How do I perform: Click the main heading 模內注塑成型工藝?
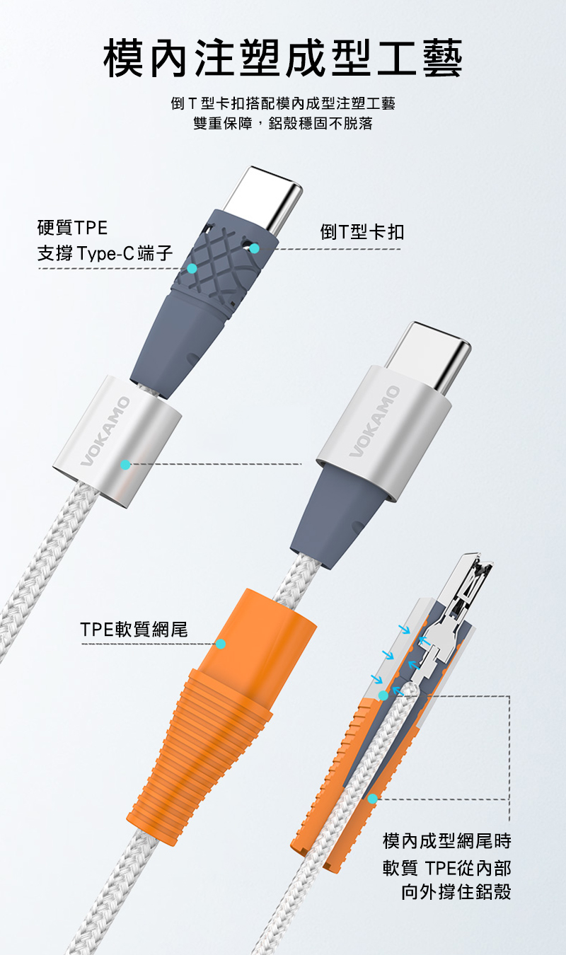tap(283, 57)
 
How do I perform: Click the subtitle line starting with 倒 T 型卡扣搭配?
tap(283, 103)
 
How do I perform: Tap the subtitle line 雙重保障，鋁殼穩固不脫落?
tap(283, 123)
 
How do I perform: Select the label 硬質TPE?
tap(72, 228)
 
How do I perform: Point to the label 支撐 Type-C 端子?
tap(105, 253)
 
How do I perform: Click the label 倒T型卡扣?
tap(362, 232)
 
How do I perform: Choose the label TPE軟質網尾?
tap(134, 630)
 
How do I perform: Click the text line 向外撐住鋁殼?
tap(456, 891)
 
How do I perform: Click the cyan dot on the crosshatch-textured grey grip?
tap(192, 269)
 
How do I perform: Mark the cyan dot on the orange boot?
tap(221, 644)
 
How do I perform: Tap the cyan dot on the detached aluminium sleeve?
tap(125, 465)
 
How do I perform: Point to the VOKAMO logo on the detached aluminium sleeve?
tap(105, 431)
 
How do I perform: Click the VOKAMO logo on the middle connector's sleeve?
tap(375, 421)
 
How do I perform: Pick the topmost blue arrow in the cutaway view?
tap(405, 630)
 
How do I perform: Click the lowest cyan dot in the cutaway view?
tap(372, 799)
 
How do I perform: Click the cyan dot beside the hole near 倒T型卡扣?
tap(255, 248)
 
